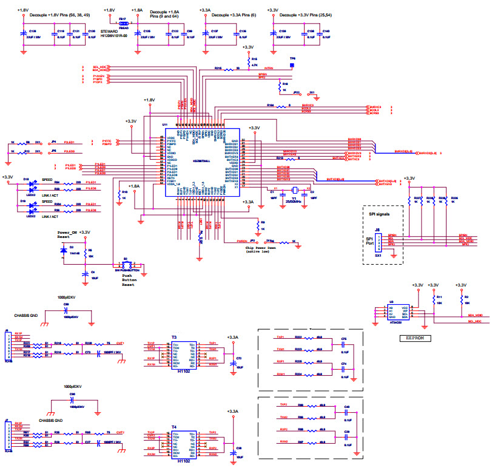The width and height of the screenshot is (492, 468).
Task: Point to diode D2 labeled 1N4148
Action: click(64, 251)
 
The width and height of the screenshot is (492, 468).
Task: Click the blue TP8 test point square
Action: click(292, 64)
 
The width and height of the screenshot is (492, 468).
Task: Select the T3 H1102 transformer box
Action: click(184, 354)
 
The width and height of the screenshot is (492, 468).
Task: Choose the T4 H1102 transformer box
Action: click(184, 444)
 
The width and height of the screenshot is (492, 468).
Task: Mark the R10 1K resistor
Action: click(124, 195)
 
